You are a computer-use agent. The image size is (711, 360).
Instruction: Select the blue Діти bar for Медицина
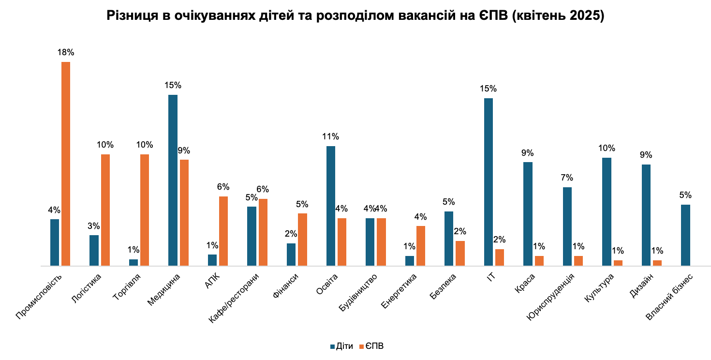[x=173, y=180]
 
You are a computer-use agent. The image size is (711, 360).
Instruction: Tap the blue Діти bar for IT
[x=488, y=182]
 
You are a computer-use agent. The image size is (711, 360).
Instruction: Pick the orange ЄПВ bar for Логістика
[x=105, y=210]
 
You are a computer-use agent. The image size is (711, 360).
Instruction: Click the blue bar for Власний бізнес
[x=685, y=235]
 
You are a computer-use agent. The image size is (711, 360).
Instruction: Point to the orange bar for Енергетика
[x=421, y=246]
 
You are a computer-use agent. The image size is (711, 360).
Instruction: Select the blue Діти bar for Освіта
[x=331, y=206]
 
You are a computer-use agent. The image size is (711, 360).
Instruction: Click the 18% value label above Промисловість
[x=66, y=52]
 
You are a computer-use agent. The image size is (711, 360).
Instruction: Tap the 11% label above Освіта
[x=331, y=136]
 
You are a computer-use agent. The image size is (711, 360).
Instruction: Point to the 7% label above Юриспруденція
[x=567, y=178]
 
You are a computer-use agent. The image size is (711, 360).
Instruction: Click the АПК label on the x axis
[x=212, y=281]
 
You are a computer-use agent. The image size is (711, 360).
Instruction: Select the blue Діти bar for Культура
[x=607, y=211]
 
